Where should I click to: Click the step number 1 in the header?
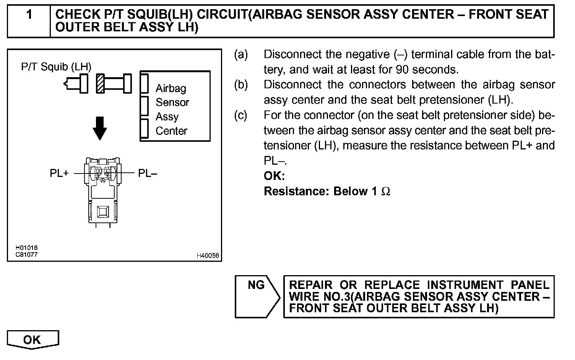tap(29, 15)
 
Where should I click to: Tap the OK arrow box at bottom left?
tap(32, 340)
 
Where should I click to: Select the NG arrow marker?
tap(257, 285)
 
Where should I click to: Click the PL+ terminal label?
tap(59, 174)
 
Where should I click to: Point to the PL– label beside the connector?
tap(148, 174)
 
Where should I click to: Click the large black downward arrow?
tap(100, 128)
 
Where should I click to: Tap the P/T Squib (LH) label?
tap(56, 67)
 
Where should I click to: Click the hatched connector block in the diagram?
tap(100, 83)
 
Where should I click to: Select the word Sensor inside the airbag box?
tap(172, 102)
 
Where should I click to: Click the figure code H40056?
tap(208, 256)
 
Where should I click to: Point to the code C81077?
tap(26, 254)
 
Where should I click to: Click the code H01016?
tap(26, 248)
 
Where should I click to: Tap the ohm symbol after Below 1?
tap(386, 191)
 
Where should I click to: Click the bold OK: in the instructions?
tap(274, 176)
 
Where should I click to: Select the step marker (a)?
tap(241, 55)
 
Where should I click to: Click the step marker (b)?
tap(241, 84)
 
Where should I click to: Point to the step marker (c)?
tap(241, 115)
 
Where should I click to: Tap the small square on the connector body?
tap(103, 211)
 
